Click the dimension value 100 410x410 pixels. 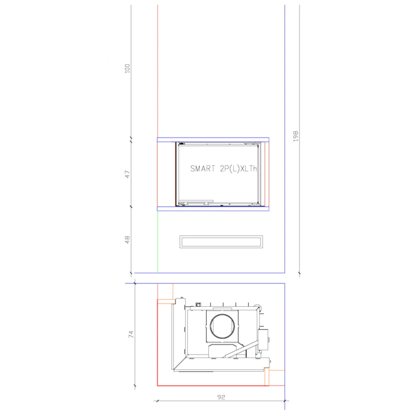point(127,68)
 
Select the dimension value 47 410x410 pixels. point(127,174)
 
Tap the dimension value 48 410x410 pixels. point(127,240)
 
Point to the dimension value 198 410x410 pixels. point(296,136)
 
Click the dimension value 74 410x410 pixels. point(131,334)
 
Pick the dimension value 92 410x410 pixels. point(221,397)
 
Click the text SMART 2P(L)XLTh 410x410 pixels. point(223,168)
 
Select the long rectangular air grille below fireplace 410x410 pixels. point(221,242)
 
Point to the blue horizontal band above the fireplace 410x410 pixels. point(213,140)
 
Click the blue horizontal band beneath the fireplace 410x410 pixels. point(213,209)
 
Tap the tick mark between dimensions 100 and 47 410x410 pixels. point(131,140)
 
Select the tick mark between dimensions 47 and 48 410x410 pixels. point(131,207)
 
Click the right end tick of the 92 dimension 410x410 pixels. point(285,400)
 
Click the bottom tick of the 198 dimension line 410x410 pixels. point(299,273)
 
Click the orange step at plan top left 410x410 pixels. point(166,301)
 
